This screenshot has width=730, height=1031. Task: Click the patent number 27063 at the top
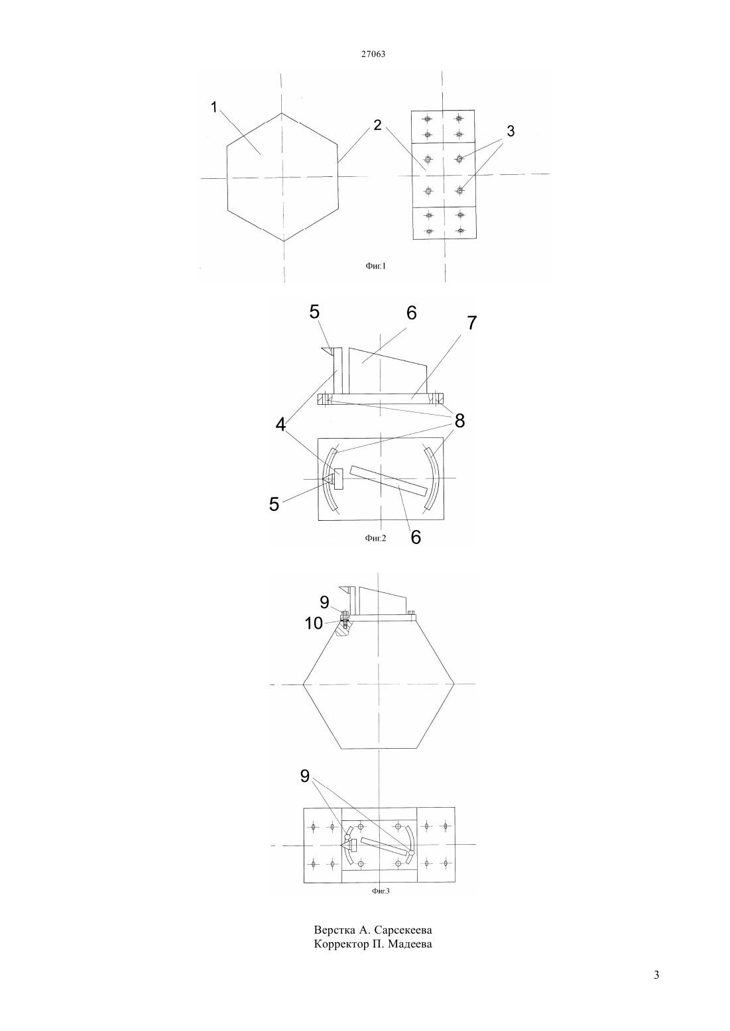373,54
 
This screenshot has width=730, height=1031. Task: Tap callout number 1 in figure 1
213,107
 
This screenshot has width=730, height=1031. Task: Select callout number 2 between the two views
378,125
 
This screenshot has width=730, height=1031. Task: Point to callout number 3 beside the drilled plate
511,131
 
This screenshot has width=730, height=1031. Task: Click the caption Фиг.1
376,266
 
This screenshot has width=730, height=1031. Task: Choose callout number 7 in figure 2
472,323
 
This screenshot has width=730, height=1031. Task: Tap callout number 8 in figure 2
459,421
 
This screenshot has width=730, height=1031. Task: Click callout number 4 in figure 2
280,425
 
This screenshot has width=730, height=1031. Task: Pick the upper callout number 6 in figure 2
411,313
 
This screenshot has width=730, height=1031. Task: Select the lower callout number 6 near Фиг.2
416,537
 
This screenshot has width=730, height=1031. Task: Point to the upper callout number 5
314,312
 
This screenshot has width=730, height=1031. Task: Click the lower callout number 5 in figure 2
274,504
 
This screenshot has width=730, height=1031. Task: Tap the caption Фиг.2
375,537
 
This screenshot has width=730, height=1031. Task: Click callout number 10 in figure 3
314,624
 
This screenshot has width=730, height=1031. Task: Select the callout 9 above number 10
324,602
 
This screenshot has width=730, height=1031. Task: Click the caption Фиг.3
381,891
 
